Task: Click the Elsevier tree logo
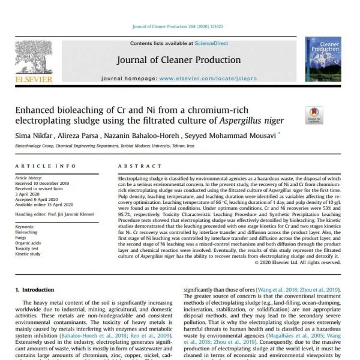pos(34,58)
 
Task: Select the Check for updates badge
pos(314,116)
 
